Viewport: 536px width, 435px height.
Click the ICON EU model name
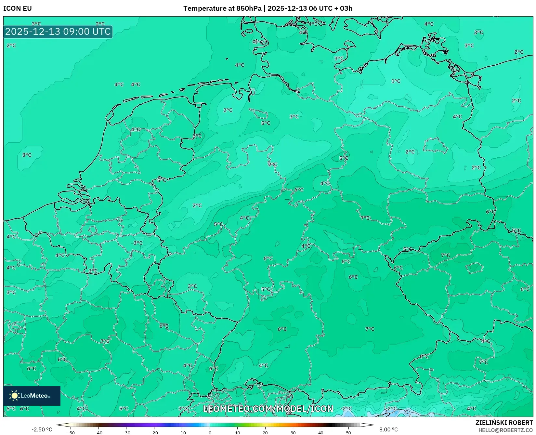pos(18,8)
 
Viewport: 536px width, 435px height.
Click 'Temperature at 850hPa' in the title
pos(222,8)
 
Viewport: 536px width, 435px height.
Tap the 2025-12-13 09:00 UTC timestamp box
pos(58,32)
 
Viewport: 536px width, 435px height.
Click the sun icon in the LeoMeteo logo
pos(14,395)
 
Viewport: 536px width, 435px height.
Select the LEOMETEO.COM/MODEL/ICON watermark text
pos(268,409)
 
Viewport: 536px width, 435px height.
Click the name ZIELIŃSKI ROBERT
pos(504,423)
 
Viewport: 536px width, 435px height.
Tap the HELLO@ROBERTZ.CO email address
pos(505,430)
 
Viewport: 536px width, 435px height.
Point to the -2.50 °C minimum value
pos(42,429)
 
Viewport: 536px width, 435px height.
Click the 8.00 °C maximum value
pos(388,429)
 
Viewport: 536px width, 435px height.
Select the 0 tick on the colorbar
pos(210,432)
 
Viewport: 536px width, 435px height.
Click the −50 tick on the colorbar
pos(71,432)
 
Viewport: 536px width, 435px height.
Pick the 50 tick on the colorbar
pos(348,432)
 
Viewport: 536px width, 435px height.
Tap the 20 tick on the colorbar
pos(265,432)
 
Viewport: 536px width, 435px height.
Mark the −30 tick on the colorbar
pos(126,432)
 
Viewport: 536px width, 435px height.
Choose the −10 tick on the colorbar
pos(182,432)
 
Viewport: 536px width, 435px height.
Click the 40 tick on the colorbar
pos(321,432)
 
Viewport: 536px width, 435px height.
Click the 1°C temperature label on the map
pos(396,81)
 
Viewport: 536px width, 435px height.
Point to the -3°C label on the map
pos(137,243)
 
